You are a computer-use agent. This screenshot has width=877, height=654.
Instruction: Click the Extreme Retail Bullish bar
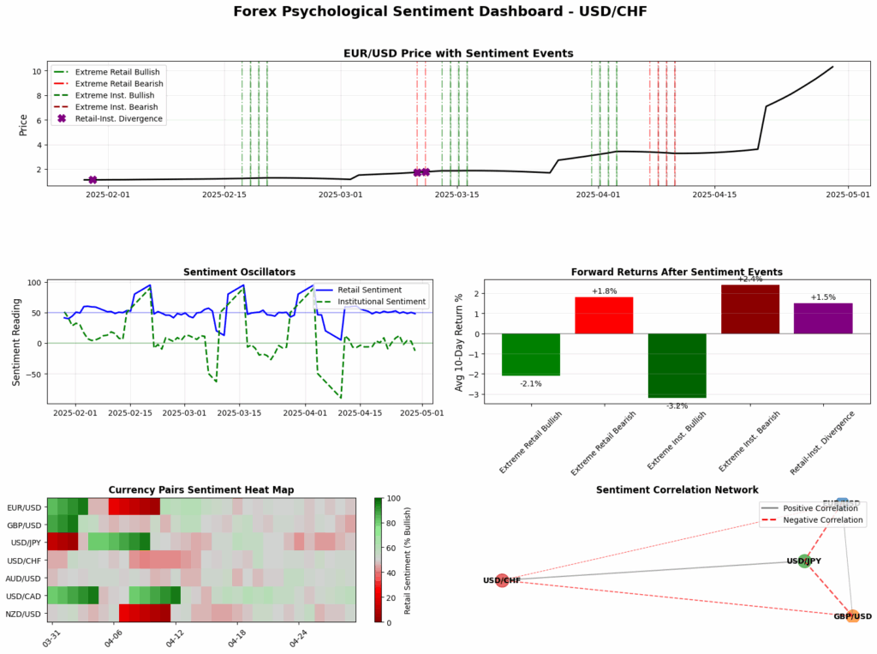(530, 354)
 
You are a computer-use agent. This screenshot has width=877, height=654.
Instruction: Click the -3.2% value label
(677, 405)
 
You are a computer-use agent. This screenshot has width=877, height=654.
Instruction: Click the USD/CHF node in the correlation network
(502, 580)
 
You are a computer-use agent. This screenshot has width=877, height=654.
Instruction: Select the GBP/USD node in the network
(852, 616)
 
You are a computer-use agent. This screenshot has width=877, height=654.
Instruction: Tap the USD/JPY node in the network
(803, 561)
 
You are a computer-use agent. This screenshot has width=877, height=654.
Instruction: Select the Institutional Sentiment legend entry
(381, 302)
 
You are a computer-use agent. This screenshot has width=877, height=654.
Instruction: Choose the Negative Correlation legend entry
(823, 520)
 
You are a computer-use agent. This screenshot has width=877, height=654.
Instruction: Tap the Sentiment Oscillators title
(233, 272)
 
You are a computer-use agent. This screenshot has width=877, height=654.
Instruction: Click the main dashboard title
(438, 12)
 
